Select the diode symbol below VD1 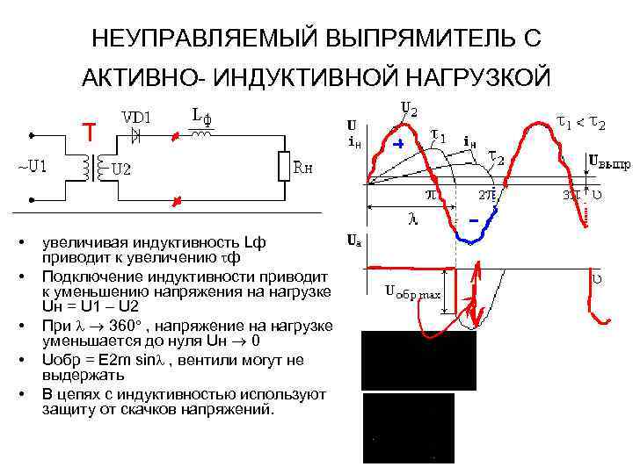point(135,135)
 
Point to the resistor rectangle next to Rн point(283,166)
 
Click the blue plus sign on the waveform point(397,144)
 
